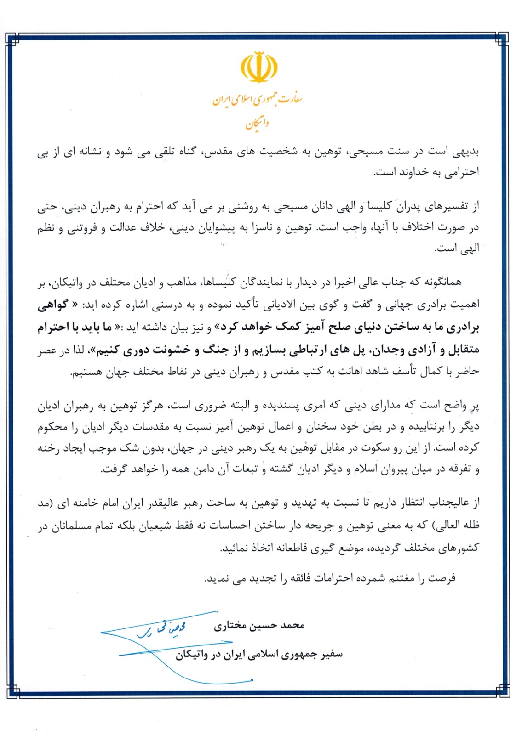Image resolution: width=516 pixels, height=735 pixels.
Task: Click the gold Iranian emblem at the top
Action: (x=259, y=67)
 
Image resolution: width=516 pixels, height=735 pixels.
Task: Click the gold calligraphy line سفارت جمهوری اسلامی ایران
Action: (x=257, y=99)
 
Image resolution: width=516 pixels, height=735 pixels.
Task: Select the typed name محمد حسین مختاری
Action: (x=259, y=626)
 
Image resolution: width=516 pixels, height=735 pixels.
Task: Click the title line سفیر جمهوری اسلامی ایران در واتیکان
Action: (x=259, y=654)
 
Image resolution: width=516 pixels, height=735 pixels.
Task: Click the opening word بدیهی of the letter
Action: (x=467, y=152)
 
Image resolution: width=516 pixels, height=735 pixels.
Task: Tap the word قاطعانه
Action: (x=292, y=548)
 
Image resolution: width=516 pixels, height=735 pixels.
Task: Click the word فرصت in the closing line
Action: (x=442, y=578)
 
